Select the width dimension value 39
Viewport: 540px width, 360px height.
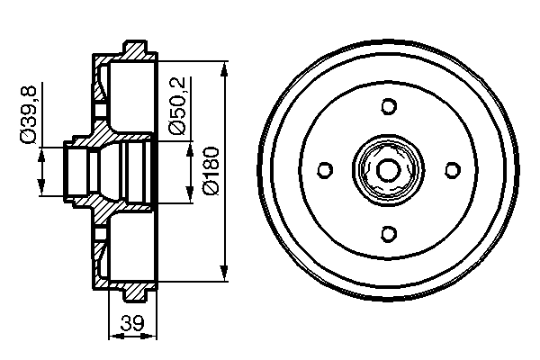[131, 325]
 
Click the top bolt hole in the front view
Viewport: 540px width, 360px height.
[389, 106]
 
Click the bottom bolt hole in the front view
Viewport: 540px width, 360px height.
[389, 234]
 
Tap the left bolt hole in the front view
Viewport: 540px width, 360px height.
[325, 170]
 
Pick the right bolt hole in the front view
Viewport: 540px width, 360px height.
[453, 170]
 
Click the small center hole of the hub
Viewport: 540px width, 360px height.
[389, 170]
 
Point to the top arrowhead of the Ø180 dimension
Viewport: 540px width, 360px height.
[222, 67]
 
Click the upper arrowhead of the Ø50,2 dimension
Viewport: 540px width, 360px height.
[189, 146]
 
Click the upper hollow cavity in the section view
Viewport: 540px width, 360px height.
[130, 94]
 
